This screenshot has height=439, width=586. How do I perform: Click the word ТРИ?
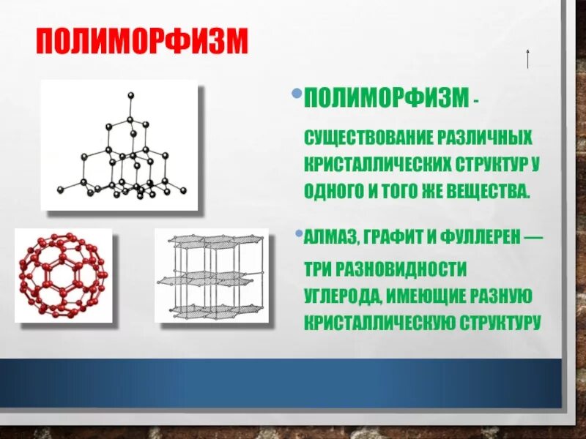coord(319,269)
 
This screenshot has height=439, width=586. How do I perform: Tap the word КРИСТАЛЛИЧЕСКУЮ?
coord(380,322)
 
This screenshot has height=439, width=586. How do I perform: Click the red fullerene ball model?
coord(62,274)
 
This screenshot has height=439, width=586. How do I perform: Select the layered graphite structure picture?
coord(211,275)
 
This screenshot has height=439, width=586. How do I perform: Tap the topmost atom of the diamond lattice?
coord(130,94)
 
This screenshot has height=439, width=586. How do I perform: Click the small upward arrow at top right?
coord(527,57)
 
